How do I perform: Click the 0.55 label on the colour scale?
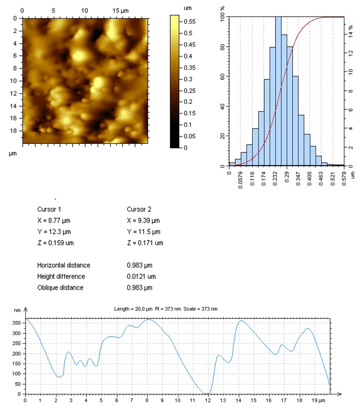[190, 21]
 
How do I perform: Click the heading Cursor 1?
[49, 209]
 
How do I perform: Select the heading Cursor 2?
[139, 209]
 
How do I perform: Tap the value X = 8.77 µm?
[54, 220]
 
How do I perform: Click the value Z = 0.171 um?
[145, 243]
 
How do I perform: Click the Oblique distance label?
[60, 287]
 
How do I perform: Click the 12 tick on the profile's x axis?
[208, 401]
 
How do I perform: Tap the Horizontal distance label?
[64, 265]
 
